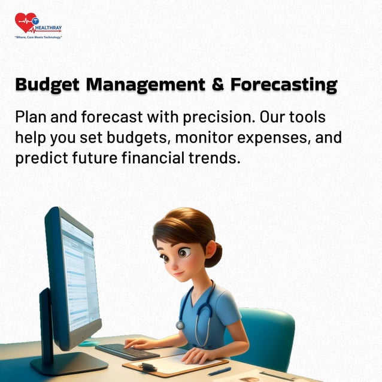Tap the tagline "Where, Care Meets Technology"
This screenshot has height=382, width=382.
(x=38, y=37)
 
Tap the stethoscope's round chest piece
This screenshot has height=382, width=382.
(x=180, y=325)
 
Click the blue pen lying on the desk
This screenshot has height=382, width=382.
(x=219, y=371)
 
